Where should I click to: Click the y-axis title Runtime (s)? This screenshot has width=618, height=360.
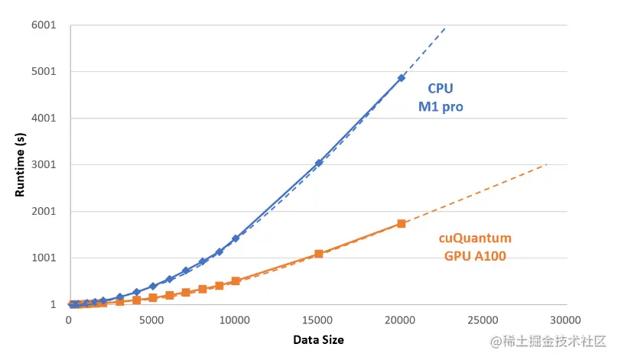pos(20,164)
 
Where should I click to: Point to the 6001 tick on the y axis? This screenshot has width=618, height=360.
pos(43,25)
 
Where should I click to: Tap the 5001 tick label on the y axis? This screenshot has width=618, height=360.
pos(43,72)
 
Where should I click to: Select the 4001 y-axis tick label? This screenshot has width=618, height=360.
pos(43,118)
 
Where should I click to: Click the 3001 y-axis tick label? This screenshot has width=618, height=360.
pos(43,165)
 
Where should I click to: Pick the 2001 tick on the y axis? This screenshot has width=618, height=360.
pos(43,212)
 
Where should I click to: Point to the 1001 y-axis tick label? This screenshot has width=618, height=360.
pos(43,258)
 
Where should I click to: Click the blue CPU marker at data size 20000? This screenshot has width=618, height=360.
pos(401,78)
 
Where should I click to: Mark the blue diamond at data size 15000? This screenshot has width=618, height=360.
pos(318,163)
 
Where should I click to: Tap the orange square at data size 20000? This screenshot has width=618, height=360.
pos(401,223)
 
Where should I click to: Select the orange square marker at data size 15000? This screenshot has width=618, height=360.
pos(318,253)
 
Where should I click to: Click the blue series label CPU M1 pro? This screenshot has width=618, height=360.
pos(440,98)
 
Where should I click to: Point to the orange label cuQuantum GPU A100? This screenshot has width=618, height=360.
pos(474,246)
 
